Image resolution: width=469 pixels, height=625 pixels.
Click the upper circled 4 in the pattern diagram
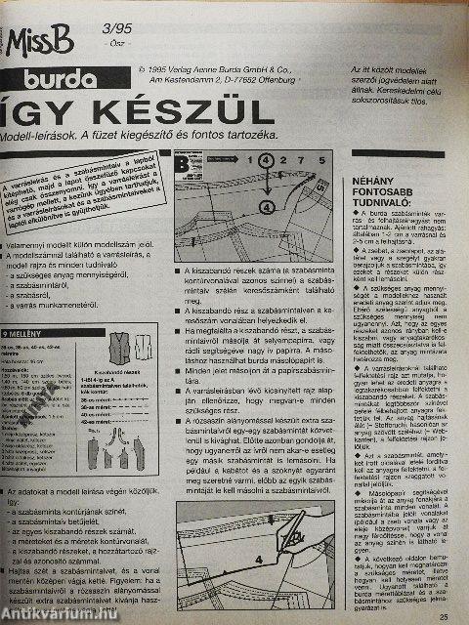tap(239, 158)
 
